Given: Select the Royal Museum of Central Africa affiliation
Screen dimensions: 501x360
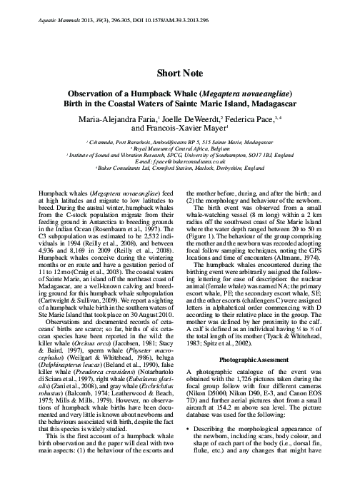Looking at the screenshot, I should pyautogui.click(x=179, y=149).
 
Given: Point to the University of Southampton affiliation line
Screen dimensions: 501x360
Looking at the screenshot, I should pyautogui.click(x=179, y=156).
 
